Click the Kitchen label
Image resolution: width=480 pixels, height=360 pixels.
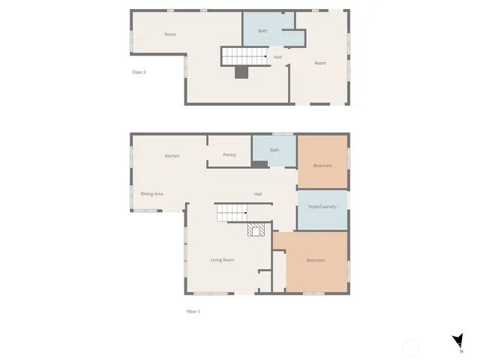click(x=172, y=156)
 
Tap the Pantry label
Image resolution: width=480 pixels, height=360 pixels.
click(x=229, y=155)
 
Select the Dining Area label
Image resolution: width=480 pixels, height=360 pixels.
click(x=152, y=193)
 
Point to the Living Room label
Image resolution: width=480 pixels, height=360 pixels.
click(x=222, y=260)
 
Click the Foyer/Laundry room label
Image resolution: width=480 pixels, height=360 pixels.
click(x=322, y=206)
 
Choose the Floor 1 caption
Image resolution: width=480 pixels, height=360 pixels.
click(x=193, y=311)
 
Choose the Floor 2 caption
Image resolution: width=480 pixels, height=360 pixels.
click(x=139, y=72)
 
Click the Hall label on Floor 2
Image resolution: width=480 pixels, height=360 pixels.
click(x=277, y=57)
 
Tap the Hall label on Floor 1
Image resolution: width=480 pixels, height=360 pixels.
click(x=257, y=194)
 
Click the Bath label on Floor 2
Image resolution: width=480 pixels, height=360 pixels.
click(x=262, y=31)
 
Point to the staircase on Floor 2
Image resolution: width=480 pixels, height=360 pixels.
click(x=244, y=55)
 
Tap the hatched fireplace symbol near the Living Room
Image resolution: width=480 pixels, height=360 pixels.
click(x=256, y=230)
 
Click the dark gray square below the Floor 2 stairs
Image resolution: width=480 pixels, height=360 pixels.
click(x=241, y=72)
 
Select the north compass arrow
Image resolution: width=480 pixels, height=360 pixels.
click(x=458, y=341)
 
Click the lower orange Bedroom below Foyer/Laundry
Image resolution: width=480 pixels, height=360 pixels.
click(x=315, y=261)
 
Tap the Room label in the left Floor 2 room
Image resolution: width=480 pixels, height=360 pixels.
click(x=170, y=34)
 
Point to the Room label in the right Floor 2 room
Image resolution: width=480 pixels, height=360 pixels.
click(x=320, y=63)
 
